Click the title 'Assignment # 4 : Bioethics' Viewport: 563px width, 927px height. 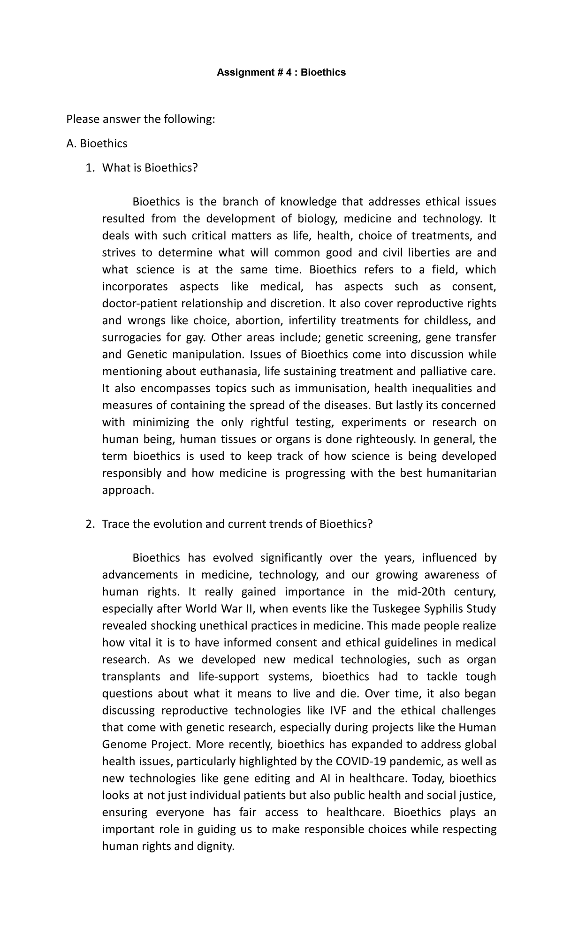tap(281, 72)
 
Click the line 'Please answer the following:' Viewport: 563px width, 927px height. tap(141, 120)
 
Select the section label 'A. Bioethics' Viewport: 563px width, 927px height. tap(97, 144)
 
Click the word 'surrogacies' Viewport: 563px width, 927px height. tap(130, 338)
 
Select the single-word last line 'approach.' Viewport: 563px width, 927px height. tap(128, 490)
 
